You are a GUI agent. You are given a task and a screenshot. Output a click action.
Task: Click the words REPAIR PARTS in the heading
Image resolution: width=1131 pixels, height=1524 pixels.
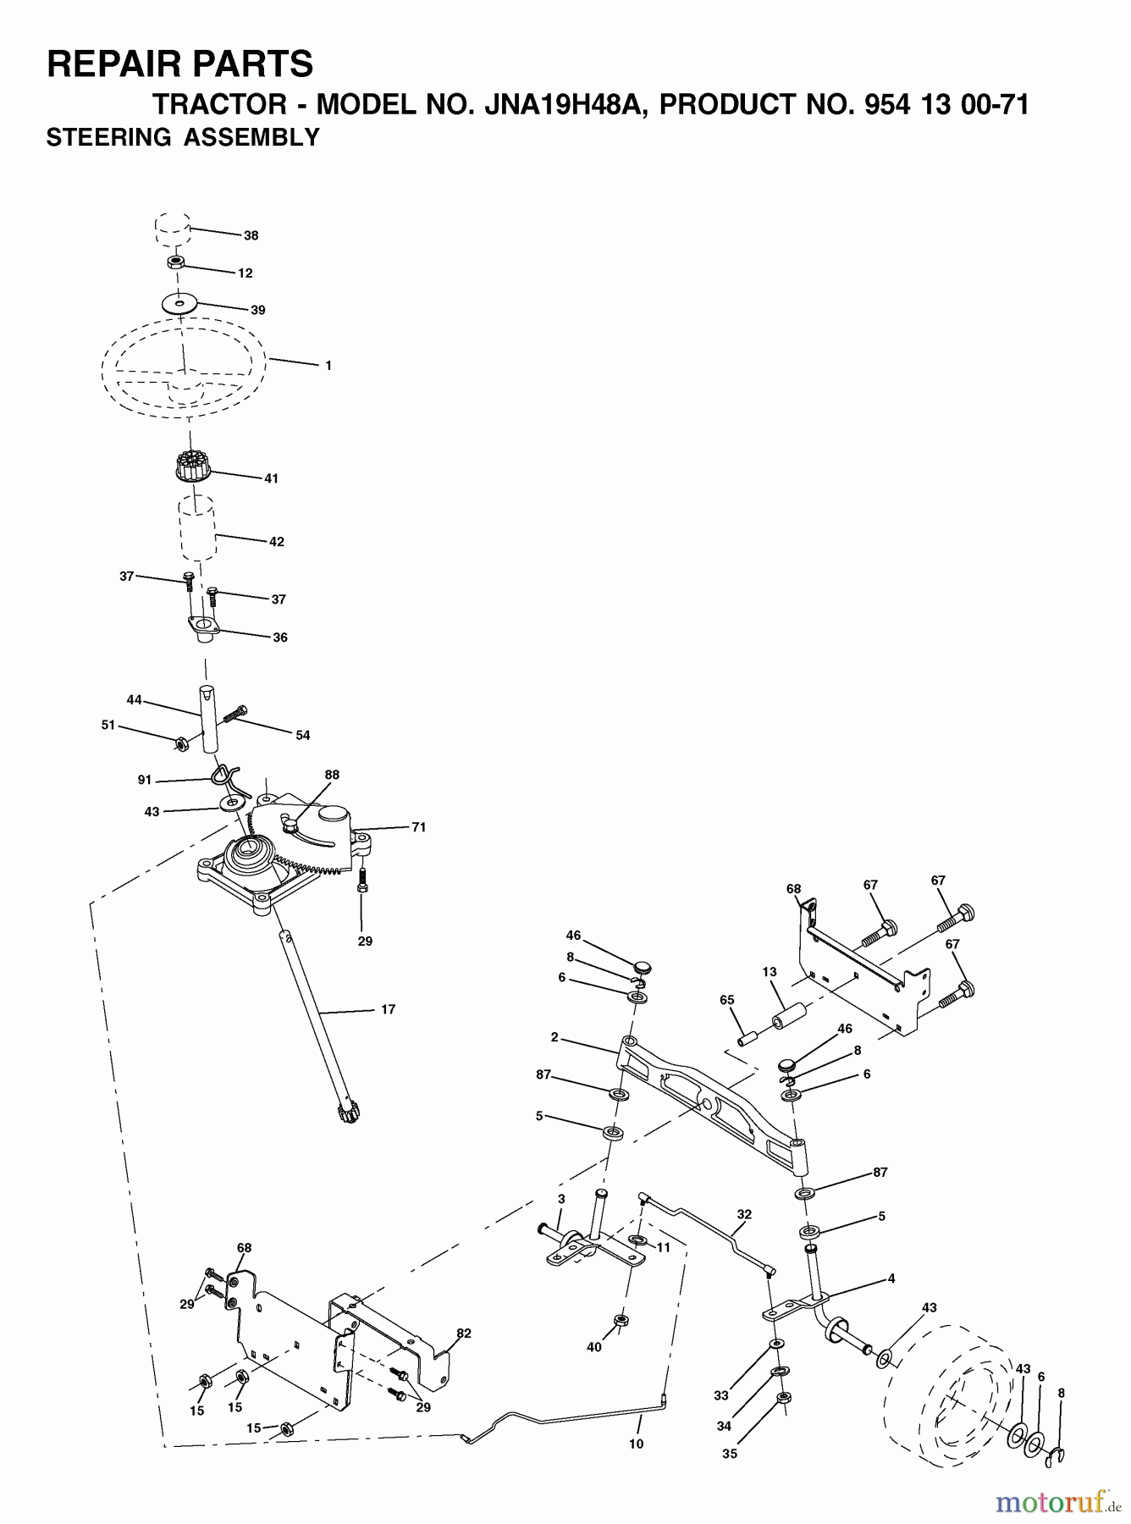pyautogui.click(x=179, y=63)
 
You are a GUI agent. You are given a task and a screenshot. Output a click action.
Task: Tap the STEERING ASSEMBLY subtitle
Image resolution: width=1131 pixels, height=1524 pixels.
pyautogui.click(x=183, y=137)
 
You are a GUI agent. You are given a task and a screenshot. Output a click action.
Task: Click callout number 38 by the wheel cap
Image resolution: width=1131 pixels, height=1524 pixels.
pyautogui.click(x=251, y=235)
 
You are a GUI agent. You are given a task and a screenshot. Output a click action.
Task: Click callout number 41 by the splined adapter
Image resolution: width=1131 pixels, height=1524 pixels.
pyautogui.click(x=271, y=478)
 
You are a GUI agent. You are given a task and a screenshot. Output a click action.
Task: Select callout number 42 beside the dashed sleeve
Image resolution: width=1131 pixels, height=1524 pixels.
pyautogui.click(x=277, y=542)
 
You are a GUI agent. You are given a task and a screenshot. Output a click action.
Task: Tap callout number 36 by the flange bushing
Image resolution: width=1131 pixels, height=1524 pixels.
pyautogui.click(x=280, y=638)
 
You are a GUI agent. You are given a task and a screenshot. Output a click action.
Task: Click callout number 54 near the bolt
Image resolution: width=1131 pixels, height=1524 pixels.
pyautogui.click(x=302, y=735)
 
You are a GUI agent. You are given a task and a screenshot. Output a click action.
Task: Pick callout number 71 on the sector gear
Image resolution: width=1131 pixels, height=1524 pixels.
pyautogui.click(x=418, y=827)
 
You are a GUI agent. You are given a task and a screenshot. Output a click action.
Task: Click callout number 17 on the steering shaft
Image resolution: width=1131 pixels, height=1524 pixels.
pyautogui.click(x=388, y=1009)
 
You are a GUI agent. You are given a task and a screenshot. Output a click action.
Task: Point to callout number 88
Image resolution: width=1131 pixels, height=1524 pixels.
pyautogui.click(x=332, y=775)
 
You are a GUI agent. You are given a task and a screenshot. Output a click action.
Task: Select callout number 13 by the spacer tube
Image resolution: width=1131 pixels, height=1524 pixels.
pyautogui.click(x=769, y=972)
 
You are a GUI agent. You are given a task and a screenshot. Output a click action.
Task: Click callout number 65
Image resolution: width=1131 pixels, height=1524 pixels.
pyautogui.click(x=726, y=1000)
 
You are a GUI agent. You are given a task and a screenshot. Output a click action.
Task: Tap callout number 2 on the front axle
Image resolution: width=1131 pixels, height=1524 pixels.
pyautogui.click(x=554, y=1037)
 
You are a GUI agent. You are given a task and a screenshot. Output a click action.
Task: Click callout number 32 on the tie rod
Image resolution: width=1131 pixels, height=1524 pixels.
pyautogui.click(x=743, y=1213)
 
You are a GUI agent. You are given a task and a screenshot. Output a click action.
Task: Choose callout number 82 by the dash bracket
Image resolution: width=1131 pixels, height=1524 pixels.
pyautogui.click(x=463, y=1333)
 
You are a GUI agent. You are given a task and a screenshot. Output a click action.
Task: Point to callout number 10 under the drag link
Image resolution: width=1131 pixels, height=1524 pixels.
pyautogui.click(x=636, y=1444)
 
